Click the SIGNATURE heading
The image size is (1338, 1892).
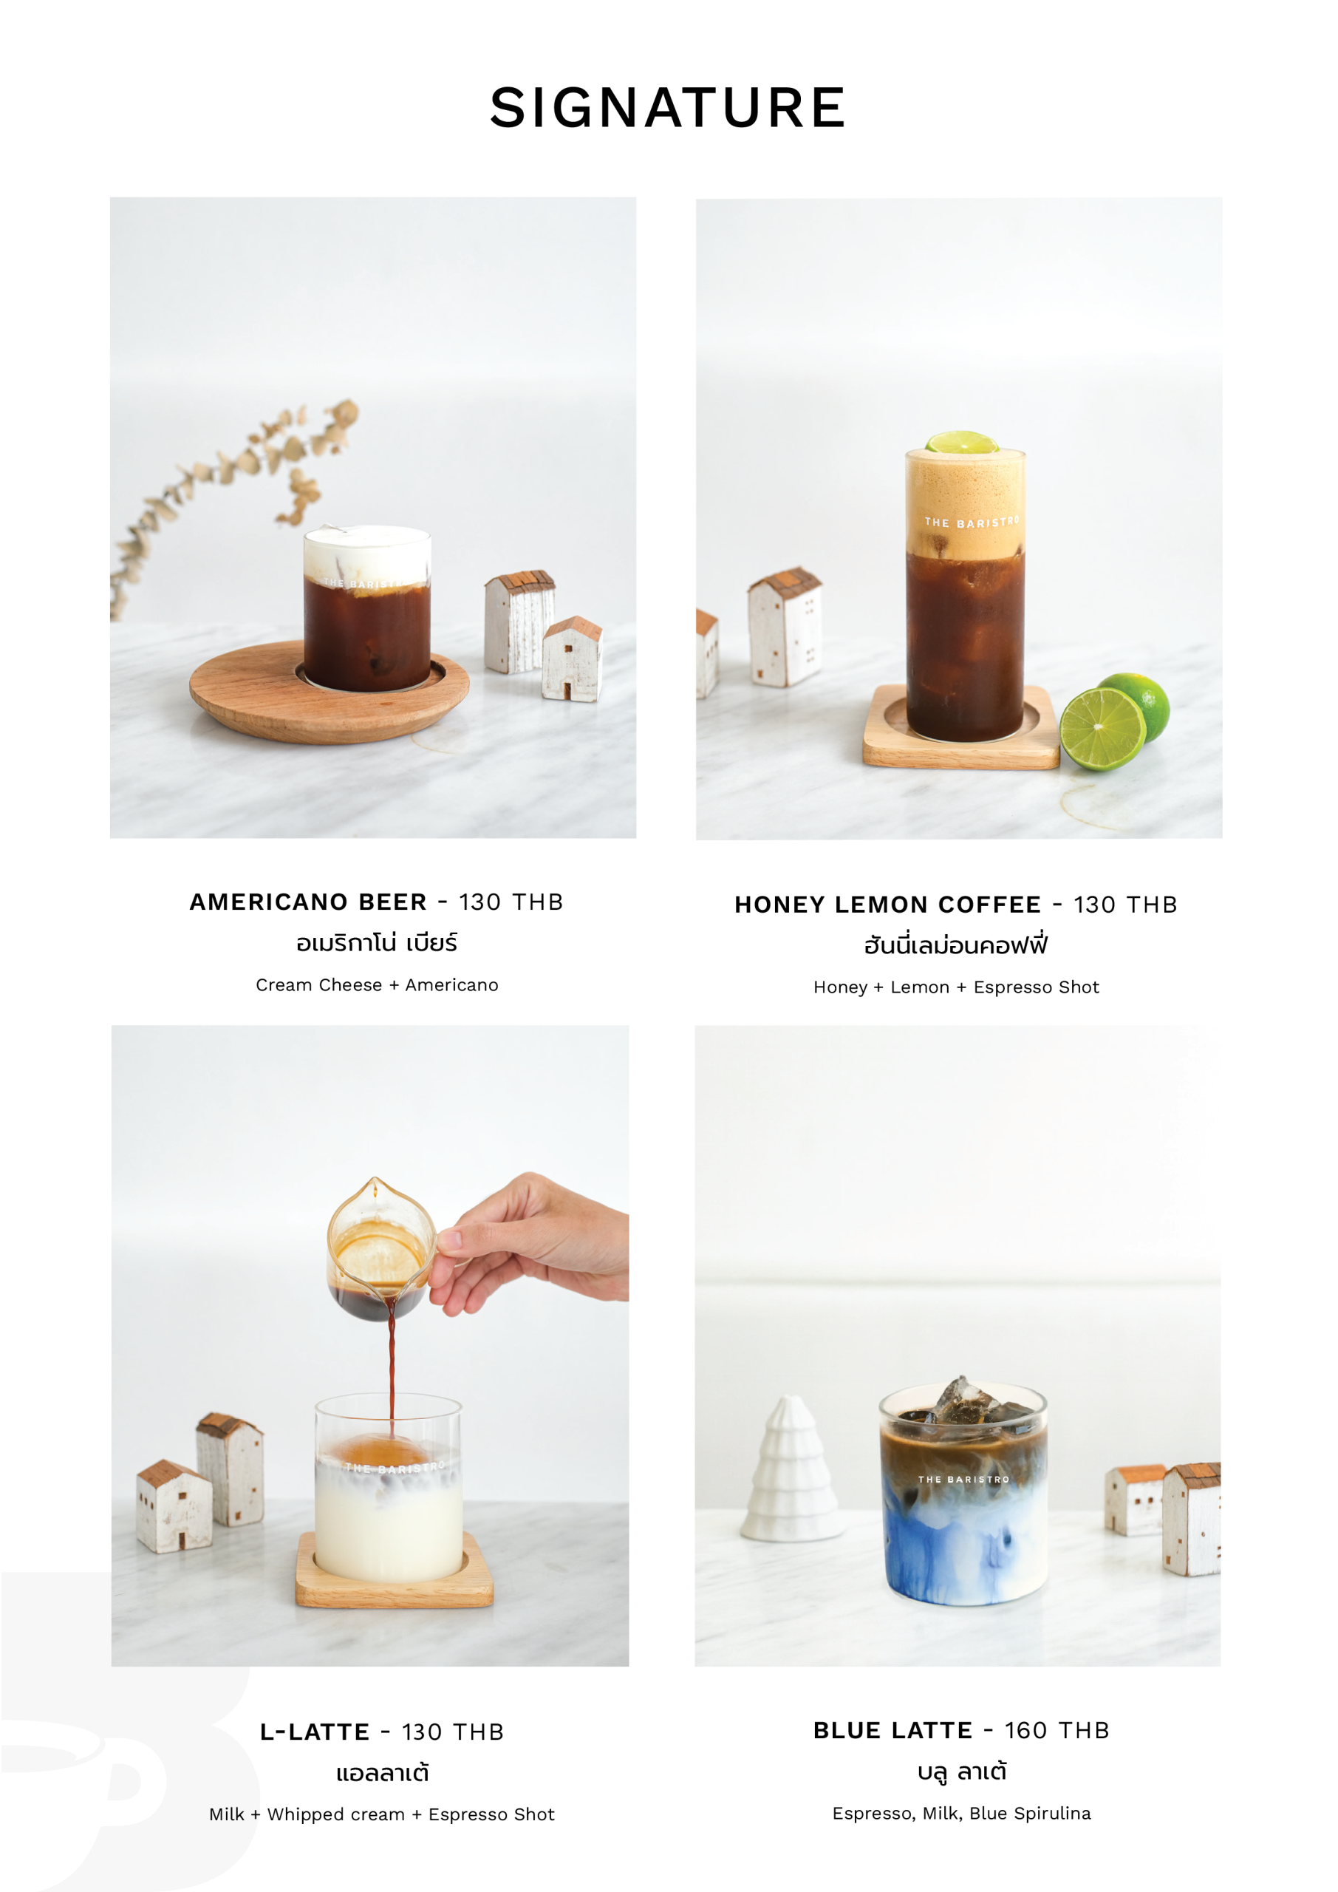coord(667,107)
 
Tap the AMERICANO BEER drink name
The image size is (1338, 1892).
coord(308,902)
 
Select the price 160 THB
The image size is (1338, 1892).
coord(1057,1729)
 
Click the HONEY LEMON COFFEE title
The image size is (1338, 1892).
coord(887,904)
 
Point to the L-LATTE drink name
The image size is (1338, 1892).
coord(315,1732)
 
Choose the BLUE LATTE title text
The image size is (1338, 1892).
coord(892,1729)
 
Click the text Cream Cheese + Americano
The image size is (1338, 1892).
coord(377,984)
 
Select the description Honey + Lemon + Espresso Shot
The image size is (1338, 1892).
coord(957,987)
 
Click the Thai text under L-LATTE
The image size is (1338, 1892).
coord(382,1772)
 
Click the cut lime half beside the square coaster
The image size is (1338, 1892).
coord(1102,729)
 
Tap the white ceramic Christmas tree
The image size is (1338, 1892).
coord(791,1469)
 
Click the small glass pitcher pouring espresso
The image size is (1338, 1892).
coord(380,1248)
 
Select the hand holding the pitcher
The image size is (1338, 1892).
coord(528,1245)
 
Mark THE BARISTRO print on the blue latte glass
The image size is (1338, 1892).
coord(964,1479)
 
